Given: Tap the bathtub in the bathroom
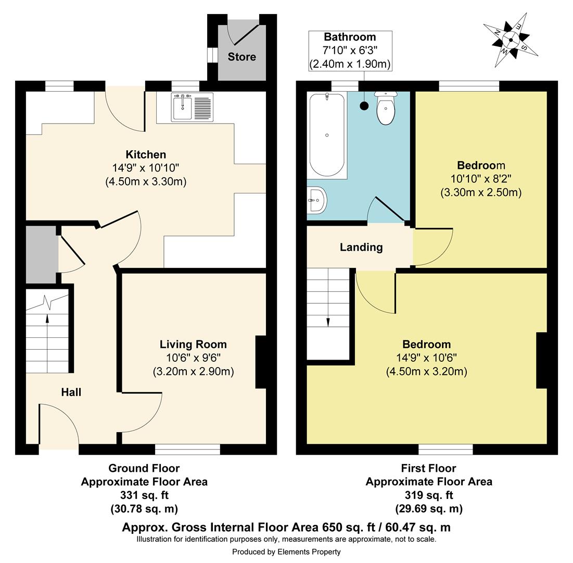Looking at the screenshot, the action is tap(327, 135).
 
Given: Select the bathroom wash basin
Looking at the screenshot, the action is tap(316, 200).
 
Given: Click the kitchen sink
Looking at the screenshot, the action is tap(192, 107).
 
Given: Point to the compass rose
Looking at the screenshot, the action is tap(511, 40).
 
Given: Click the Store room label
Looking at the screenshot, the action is tap(242, 57).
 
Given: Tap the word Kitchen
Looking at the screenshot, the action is tap(146, 154).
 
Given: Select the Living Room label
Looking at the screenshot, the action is tap(193, 345).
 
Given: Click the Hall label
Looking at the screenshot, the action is tap(71, 393).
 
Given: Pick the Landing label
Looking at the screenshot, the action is tap(361, 248).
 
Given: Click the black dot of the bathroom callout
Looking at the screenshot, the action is tap(364, 106).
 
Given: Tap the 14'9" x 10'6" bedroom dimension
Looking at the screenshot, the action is tap(426, 358).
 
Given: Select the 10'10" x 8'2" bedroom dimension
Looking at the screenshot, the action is tap(481, 179).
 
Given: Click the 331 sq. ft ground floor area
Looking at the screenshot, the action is tap(144, 495).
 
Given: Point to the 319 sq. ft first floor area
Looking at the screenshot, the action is tap(429, 495).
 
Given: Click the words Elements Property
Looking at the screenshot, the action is tap(309, 552).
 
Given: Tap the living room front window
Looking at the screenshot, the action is tap(187, 449).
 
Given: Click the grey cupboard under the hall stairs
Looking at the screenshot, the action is tap(41, 254).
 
